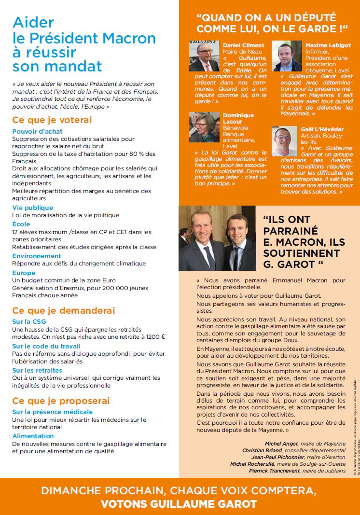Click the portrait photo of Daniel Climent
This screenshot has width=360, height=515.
click(x=204, y=56)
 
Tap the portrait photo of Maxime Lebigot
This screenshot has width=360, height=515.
click(x=287, y=56)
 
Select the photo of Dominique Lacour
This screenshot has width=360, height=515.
click(x=204, y=127)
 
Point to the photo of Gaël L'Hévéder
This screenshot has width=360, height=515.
click(x=284, y=141)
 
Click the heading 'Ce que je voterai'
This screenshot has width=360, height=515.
click(x=52, y=120)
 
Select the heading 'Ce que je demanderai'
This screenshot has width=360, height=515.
click(x=64, y=310)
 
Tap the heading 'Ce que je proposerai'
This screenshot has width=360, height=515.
click(x=61, y=401)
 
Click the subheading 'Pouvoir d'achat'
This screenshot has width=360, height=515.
click(x=37, y=131)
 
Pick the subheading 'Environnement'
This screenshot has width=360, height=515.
click(x=37, y=256)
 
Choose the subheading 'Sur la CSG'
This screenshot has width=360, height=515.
click(x=28, y=321)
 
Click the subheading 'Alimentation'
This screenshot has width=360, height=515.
click(x=33, y=436)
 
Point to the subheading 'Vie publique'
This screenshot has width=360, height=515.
click(x=32, y=208)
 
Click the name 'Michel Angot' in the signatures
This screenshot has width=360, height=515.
click(x=281, y=444)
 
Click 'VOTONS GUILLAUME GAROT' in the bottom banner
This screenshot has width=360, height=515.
click(x=179, y=504)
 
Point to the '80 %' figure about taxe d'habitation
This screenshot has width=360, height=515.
click(x=132, y=154)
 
